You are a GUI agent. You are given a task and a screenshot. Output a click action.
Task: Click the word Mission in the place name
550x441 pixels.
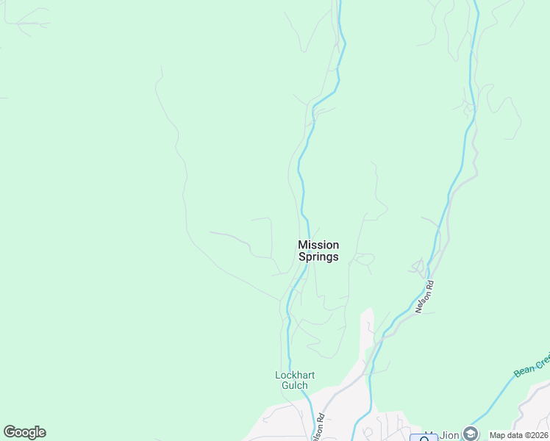point(318,245)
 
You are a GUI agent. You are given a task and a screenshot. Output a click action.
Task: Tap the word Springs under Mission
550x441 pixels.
point(318,257)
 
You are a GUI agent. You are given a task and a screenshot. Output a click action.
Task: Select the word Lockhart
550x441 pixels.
point(295,376)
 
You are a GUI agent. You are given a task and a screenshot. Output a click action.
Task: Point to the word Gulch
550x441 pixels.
point(295,385)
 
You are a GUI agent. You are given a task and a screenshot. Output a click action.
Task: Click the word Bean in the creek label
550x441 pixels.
point(524,369)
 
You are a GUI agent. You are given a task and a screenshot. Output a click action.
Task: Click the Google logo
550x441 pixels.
point(24,432)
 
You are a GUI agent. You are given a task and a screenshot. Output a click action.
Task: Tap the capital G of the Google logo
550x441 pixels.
point(10,431)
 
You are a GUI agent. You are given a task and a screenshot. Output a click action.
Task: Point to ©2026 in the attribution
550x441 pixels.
point(535,435)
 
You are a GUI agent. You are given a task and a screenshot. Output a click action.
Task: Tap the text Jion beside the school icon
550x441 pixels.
point(450,435)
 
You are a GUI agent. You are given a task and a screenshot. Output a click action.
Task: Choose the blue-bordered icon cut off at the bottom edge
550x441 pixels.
point(424,437)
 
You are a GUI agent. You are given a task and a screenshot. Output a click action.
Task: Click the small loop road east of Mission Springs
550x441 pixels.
point(364,259)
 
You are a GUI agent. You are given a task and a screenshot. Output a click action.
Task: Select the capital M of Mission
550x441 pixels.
point(303,245)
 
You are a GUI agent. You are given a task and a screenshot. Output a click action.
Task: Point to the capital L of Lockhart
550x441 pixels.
point(278,376)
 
